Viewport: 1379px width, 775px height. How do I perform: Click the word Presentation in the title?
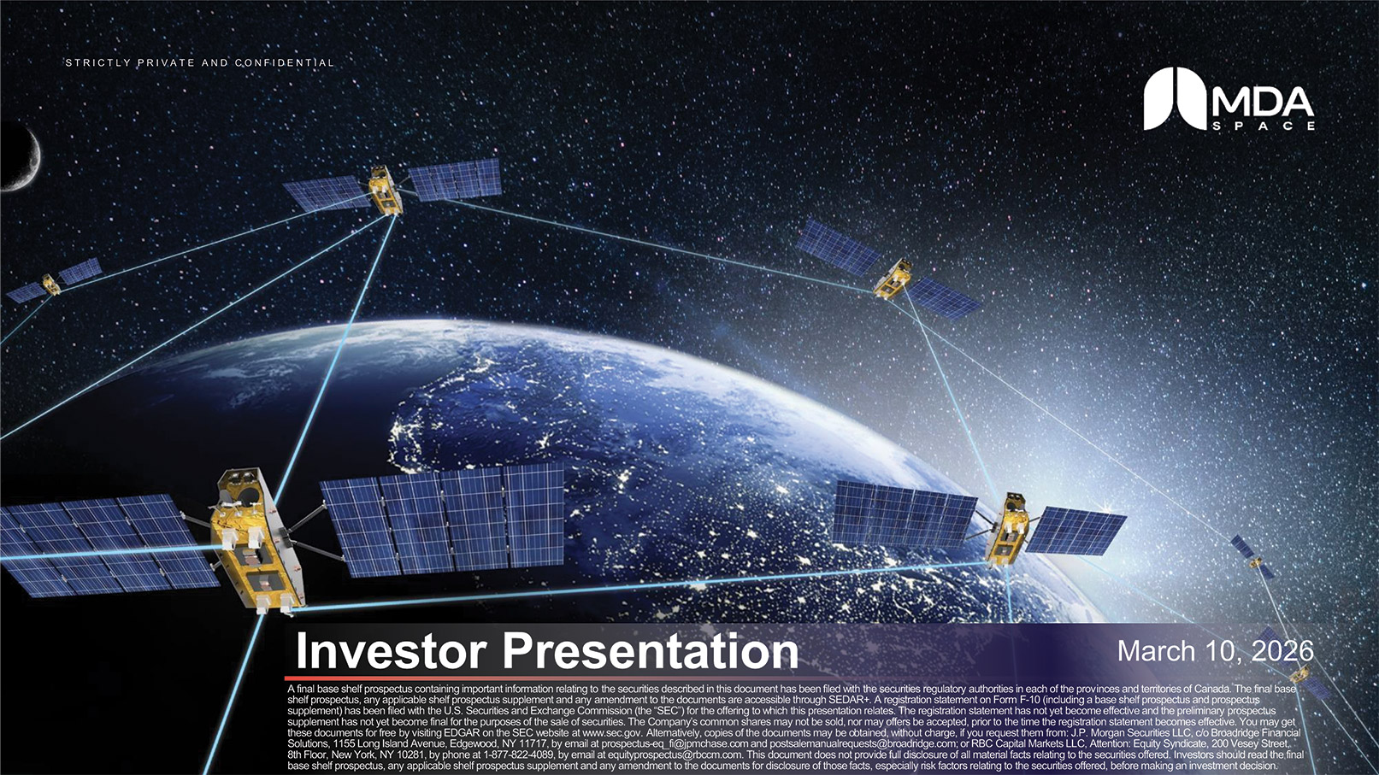pos(650,651)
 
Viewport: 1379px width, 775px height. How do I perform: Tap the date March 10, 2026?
pos(1215,651)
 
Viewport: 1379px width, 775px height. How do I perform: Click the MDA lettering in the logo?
pos(1262,103)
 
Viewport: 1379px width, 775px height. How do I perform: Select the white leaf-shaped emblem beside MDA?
pos(1173,98)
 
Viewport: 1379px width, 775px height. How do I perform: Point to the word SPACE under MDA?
pos(1263,126)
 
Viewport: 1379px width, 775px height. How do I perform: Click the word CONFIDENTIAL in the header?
pos(284,63)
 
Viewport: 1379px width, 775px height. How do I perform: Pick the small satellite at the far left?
pos(52,284)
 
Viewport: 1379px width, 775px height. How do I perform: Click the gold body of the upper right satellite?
pos(892,279)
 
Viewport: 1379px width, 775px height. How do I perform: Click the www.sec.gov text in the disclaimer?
pos(611,733)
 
